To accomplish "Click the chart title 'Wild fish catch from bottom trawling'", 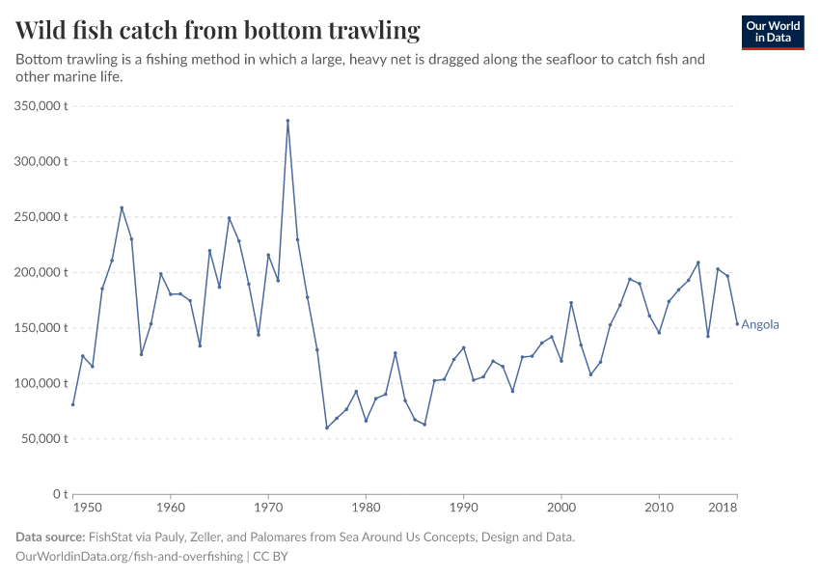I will [218, 31].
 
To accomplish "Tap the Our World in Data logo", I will [773, 32].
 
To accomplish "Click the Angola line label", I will [760, 325].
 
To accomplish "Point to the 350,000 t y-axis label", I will [39, 106].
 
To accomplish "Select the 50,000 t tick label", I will [42, 439].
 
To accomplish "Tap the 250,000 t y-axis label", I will [39, 217].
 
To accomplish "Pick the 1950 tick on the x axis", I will [86, 508].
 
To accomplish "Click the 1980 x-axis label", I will [366, 508].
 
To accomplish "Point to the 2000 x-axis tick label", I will [561, 508].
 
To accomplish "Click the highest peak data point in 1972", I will [287, 121].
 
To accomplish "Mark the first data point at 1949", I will [72, 404].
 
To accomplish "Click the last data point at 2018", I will [737, 324].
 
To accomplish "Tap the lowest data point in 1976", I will [327, 427].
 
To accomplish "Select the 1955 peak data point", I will [122, 207].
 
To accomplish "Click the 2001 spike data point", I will [571, 303].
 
